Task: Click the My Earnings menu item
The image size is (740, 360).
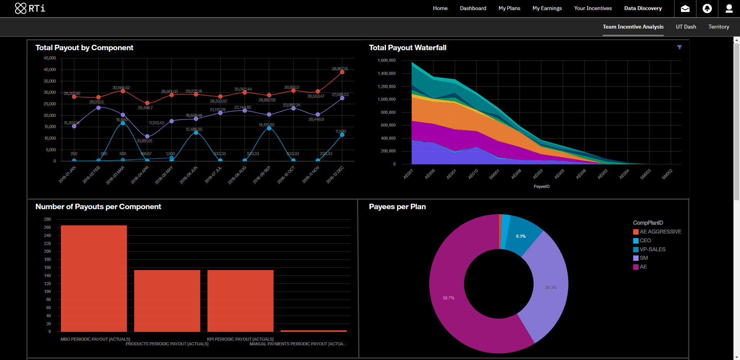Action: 547,8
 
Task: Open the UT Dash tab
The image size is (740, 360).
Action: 686,27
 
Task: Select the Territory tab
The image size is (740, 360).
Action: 718,27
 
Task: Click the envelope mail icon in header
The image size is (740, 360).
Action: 685,8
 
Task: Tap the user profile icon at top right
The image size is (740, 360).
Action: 729,8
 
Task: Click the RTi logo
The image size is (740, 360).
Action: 30,8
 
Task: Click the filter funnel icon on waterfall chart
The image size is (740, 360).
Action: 679,47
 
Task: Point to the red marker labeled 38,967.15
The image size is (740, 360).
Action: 342,72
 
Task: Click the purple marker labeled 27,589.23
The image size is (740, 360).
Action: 342,98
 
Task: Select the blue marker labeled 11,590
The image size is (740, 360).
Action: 342,135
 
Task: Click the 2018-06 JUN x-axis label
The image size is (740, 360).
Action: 189,175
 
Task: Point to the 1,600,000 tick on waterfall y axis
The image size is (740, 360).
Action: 386,60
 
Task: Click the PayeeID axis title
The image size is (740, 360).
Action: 541,186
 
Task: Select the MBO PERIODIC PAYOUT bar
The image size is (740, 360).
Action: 94,278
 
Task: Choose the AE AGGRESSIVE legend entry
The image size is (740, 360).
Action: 660,232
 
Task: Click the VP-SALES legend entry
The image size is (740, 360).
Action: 652,249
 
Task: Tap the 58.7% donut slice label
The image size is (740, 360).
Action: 448,298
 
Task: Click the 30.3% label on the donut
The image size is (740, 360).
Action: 551,287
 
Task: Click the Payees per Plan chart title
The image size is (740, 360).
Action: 397,206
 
